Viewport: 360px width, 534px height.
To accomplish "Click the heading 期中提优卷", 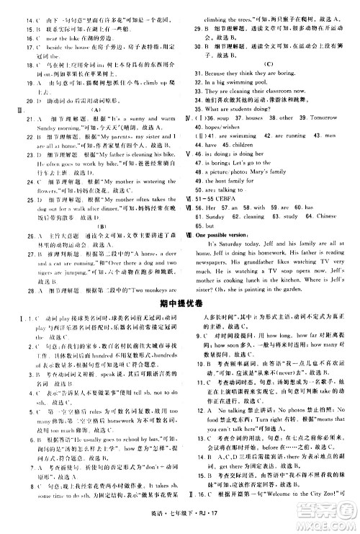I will click(179, 306).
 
